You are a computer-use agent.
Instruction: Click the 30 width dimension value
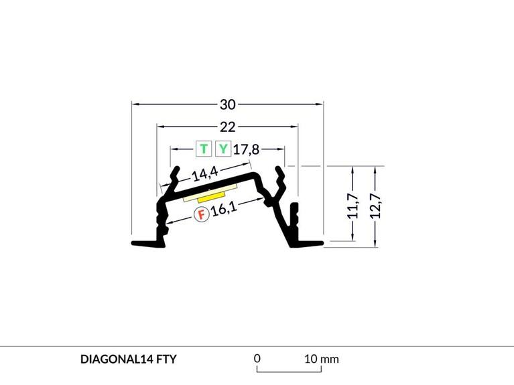coord(228,104)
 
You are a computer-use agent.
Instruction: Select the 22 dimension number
coord(227,127)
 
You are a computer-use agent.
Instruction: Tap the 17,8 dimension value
coord(246,149)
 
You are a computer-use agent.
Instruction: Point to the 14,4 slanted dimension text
coord(205,173)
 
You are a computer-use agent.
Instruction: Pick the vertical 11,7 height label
coord(352,206)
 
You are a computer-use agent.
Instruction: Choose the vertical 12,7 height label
coord(375,206)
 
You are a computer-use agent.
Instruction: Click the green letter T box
coord(204,149)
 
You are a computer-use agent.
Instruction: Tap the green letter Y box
coord(223,149)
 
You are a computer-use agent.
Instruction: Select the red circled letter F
coord(202,215)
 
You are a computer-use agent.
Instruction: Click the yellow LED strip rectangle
coord(211,197)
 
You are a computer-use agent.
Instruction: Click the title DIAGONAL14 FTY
coord(128,359)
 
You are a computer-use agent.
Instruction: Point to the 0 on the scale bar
coord(257,358)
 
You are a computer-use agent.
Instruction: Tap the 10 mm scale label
coord(322,359)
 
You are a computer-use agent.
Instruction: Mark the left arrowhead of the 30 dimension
coord(135,104)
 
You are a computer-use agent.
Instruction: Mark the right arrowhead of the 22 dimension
coord(295,126)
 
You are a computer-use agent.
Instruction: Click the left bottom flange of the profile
coord(148,244)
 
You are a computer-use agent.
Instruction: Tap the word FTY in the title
coord(166,359)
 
